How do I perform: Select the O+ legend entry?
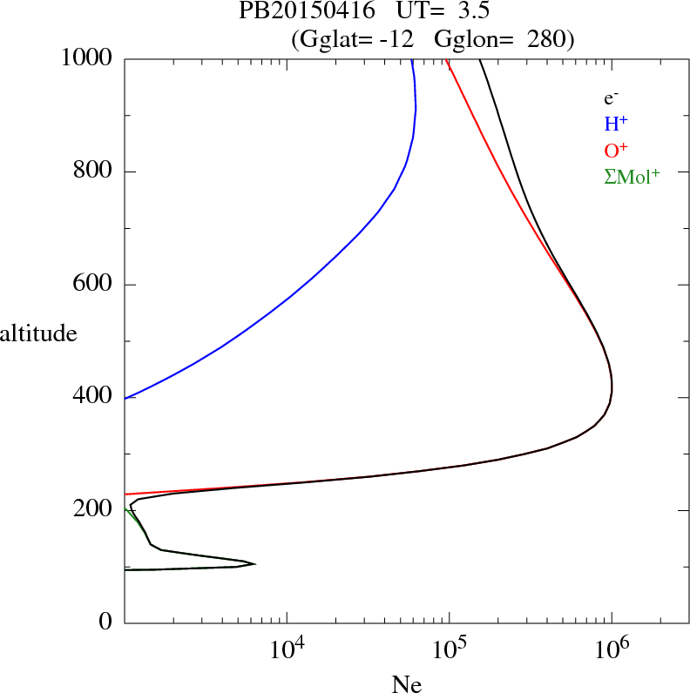click(617, 149)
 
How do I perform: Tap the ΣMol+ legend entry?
click(632, 175)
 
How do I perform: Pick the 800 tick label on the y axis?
click(94, 172)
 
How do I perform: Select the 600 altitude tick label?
click(94, 285)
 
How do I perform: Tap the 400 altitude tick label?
click(94, 397)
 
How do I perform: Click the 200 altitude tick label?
click(94, 510)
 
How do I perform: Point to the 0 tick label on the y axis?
click(106, 622)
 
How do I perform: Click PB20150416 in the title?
click(298, 12)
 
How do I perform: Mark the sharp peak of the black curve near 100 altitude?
click(254, 564)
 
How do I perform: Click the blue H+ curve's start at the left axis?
click(127, 398)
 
